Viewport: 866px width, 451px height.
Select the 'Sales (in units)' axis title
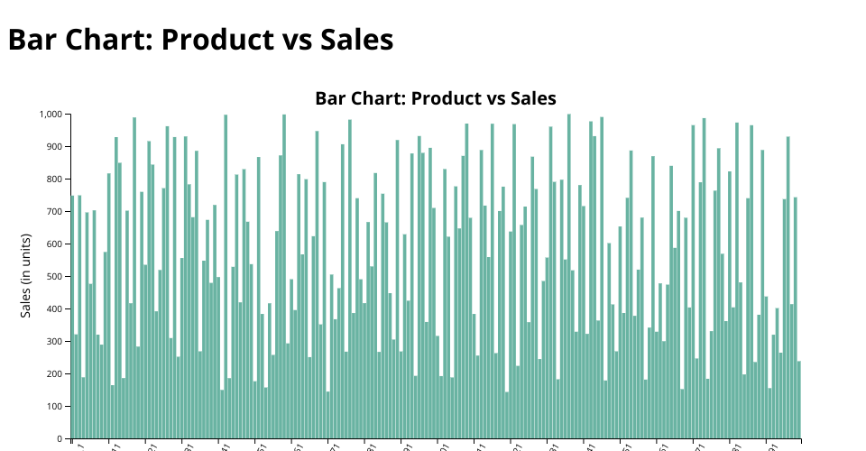[x=26, y=272]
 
